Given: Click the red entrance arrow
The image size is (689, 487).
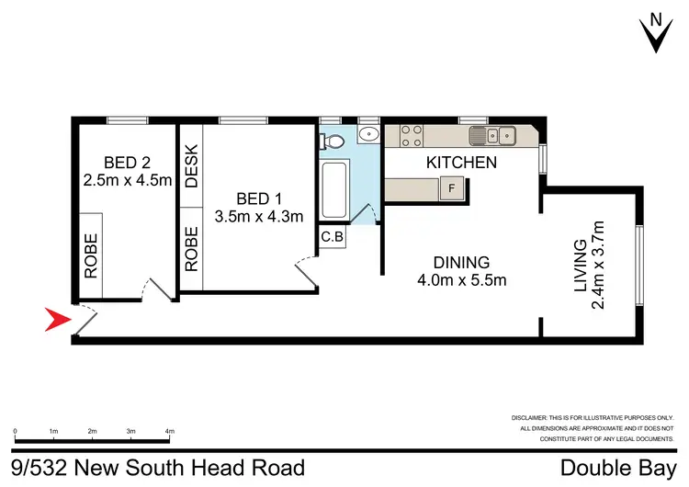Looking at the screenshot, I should tap(59, 321).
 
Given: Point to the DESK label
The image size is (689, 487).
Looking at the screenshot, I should tap(191, 166).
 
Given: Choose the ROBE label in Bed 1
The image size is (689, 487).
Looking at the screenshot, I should tap(191, 248).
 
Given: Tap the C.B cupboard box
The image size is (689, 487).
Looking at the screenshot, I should tap(333, 236).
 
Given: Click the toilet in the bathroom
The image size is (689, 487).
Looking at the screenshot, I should tap(333, 142).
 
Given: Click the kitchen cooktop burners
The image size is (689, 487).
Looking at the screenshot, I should tap(411, 136).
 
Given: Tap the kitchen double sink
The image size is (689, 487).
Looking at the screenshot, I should tap(493, 137).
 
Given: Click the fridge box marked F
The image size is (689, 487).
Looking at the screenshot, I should tap(451, 189).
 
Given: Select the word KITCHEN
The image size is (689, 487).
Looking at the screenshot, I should tap(461, 163).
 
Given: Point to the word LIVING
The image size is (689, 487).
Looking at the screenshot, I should tap(580, 267).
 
